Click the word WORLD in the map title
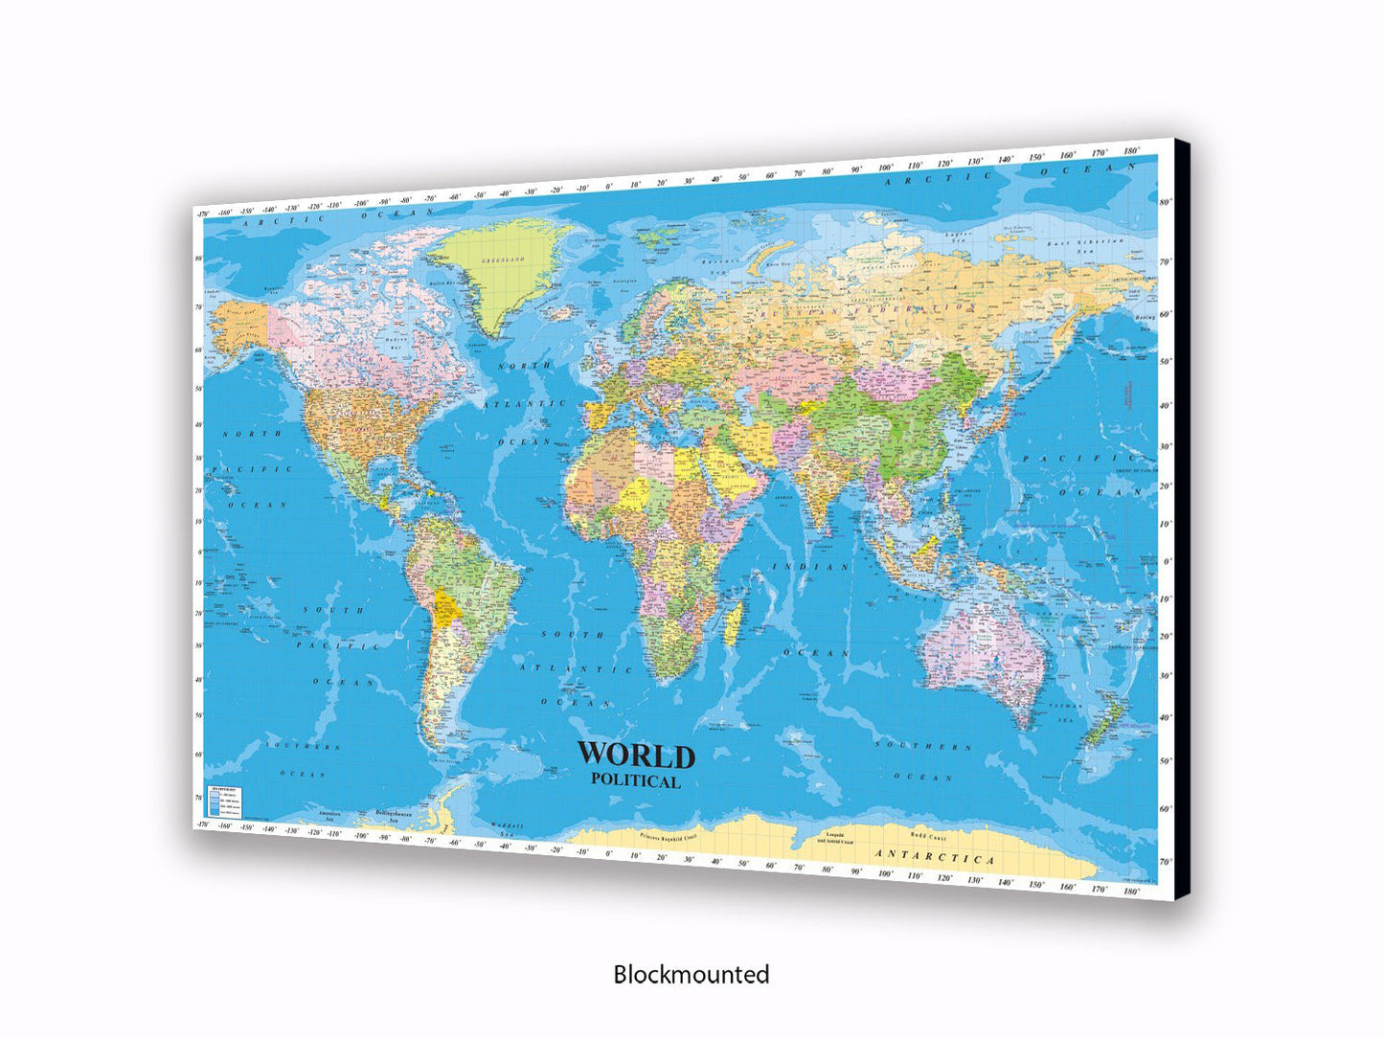coord(635,756)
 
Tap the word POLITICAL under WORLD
coord(636,780)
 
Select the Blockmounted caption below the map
coord(691,975)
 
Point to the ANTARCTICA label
coord(936,856)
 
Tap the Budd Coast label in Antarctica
coord(928,835)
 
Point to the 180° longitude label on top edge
coord(1131,150)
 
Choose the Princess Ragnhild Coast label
coord(678,836)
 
